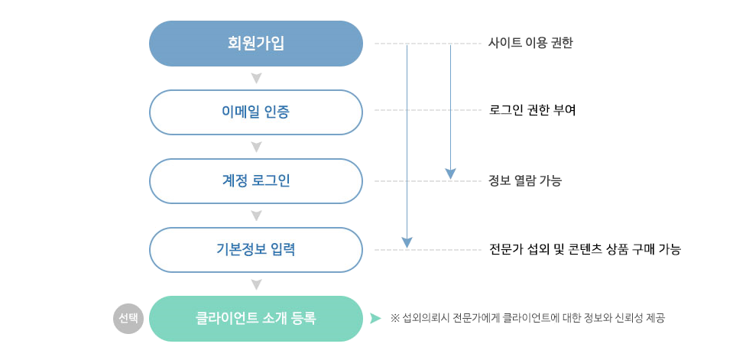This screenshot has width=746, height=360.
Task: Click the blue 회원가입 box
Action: [x=255, y=44]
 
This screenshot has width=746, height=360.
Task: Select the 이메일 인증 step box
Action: [x=255, y=112]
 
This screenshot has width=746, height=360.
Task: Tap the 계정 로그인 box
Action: [x=255, y=181]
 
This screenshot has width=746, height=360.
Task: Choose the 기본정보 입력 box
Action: [x=255, y=250]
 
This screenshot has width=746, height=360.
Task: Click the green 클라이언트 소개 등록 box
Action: [x=255, y=318]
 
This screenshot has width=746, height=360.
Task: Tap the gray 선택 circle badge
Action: [x=128, y=318]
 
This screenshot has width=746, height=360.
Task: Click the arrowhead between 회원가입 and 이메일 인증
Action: [x=256, y=78]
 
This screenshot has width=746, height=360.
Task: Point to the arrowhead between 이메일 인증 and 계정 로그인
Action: [x=256, y=147]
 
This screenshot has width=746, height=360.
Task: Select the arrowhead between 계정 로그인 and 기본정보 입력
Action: [x=256, y=216]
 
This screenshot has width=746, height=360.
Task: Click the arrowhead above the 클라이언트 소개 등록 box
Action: [x=256, y=284]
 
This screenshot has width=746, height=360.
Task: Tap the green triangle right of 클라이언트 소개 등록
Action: [x=375, y=318]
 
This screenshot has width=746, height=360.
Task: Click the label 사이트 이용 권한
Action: [x=530, y=44]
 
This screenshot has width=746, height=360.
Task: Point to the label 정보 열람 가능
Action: [x=525, y=181]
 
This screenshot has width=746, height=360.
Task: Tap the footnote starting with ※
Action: [x=527, y=318]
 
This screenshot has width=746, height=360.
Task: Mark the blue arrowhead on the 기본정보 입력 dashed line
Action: [x=407, y=242]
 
